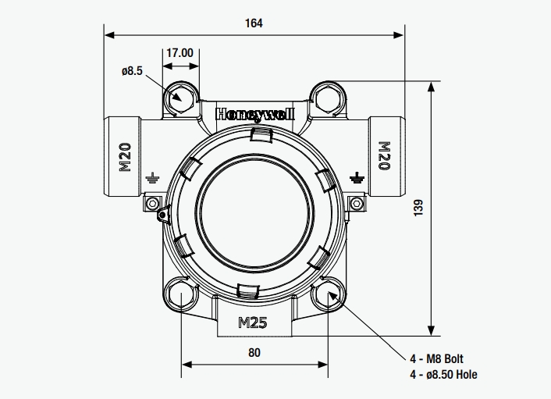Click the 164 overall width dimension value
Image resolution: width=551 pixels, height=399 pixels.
254,23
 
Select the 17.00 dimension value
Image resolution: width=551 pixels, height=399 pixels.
180,53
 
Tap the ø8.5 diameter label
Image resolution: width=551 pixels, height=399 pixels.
132,71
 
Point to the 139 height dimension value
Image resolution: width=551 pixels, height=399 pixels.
418,208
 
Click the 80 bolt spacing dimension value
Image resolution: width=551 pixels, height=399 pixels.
254,352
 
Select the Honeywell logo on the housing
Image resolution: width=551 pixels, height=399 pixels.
254,113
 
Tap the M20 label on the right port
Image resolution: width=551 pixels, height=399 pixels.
383,156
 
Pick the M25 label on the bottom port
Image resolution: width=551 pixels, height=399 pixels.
254,321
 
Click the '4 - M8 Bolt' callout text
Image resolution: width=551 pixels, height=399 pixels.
437,359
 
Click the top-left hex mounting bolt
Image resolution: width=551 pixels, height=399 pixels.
180,98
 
